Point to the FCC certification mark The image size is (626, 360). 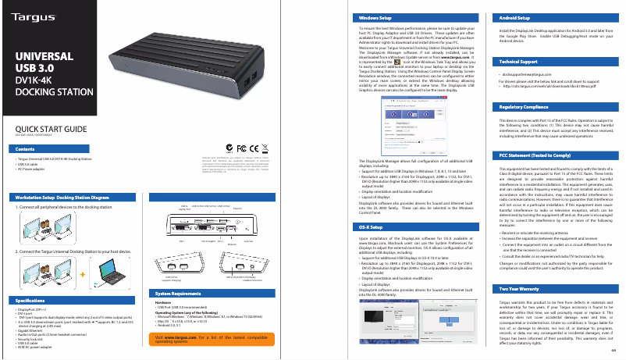(240, 148)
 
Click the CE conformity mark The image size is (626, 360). (253, 148)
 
